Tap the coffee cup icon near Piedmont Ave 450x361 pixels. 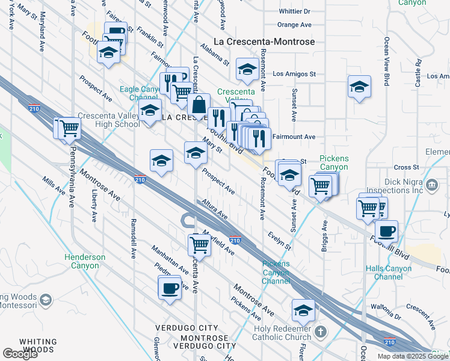(x=170, y=288)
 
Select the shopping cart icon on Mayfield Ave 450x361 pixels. (x=199, y=245)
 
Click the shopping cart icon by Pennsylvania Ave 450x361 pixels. (x=69, y=128)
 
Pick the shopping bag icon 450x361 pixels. (x=198, y=105)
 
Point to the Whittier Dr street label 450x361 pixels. (x=294, y=11)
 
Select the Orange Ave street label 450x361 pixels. (x=294, y=25)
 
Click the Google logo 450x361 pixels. (x=21, y=354)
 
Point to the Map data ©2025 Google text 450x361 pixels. (x=413, y=356)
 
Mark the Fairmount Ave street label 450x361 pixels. (x=294, y=137)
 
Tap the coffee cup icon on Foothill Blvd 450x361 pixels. (x=386, y=231)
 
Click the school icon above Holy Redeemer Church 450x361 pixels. (x=303, y=310)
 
